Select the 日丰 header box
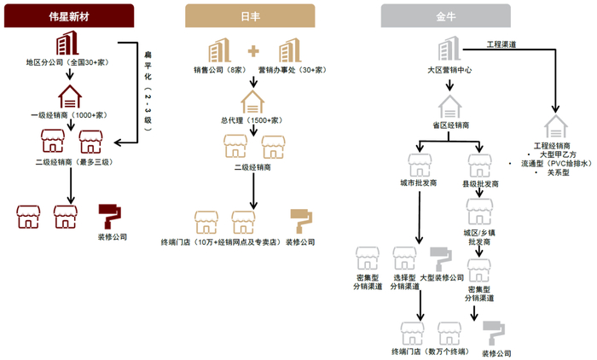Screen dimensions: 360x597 [250, 16]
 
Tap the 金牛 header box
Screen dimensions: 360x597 [446, 16]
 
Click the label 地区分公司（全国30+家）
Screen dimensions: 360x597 [67, 63]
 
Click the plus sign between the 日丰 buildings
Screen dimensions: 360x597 [254, 50]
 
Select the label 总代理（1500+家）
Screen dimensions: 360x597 [252, 120]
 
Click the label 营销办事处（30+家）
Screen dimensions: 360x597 [292, 70]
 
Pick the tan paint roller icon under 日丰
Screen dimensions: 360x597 [301, 221]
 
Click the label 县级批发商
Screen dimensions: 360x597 [479, 183]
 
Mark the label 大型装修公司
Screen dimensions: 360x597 [443, 278]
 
